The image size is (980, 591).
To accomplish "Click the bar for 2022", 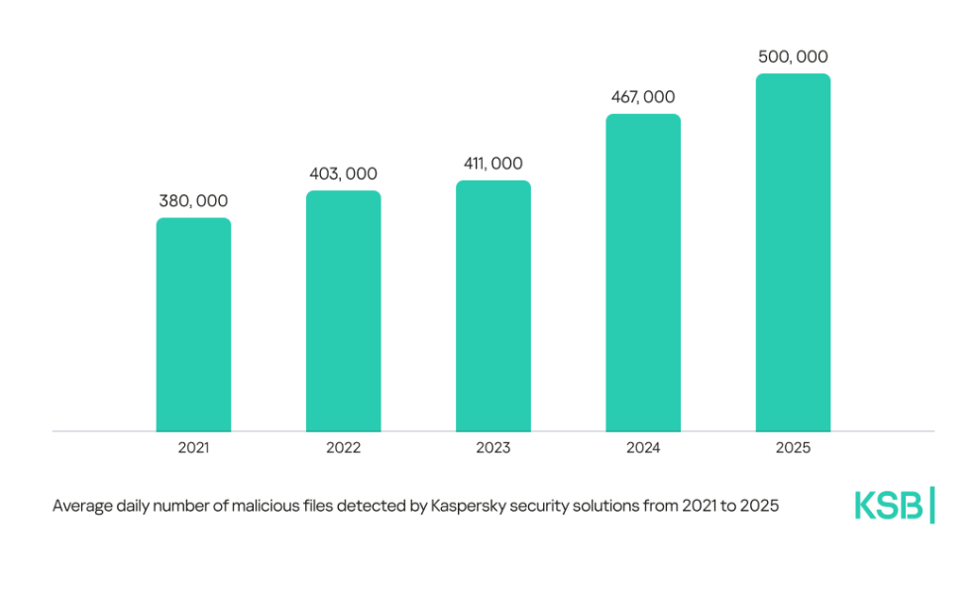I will coord(343,311).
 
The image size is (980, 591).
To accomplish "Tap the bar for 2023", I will coord(492,306).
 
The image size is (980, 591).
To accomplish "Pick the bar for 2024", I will coord(643,273).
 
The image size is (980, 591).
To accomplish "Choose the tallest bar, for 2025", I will coord(793,253).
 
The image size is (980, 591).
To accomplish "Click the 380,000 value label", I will coord(193,201).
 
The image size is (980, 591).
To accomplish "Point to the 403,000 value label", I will coord(343,174).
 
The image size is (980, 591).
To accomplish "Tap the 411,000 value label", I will coord(492,164).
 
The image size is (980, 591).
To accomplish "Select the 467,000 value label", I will coord(643,97).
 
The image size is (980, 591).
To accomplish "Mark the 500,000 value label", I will coord(793,57).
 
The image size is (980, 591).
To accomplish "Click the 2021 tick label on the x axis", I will coord(193,448).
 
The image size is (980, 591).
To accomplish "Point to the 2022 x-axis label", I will coord(343,448).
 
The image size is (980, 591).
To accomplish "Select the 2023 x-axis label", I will coord(492,448).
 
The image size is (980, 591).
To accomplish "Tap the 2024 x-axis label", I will coord(643,448).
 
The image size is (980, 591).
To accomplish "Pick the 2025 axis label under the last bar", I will coord(793,448).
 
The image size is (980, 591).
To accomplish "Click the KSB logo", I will coord(889,505).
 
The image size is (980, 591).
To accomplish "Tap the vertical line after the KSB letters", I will coord(932,505).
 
